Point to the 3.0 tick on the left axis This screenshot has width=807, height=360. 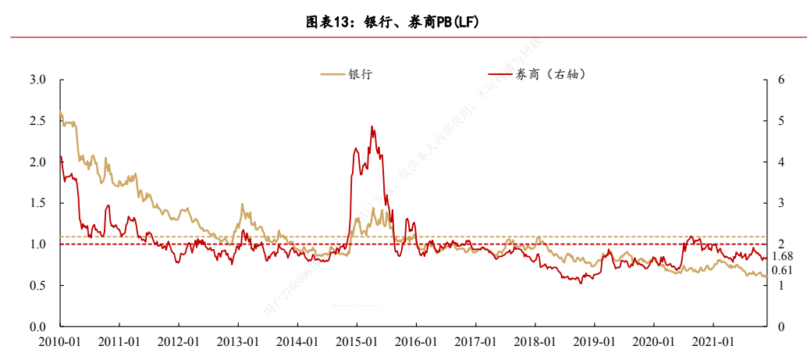tap(37, 80)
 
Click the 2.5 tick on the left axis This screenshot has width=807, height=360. tap(37, 121)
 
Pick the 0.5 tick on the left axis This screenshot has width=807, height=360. tap(37, 286)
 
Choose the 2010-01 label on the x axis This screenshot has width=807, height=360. tap(60, 342)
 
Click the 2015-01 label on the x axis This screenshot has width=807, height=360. tap(357, 342)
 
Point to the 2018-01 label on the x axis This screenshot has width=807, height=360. tap(535, 342)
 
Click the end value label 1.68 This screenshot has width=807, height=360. tap(782, 257)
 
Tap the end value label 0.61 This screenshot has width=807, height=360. tap(782, 270)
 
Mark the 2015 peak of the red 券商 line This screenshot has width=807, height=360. tap(372, 127)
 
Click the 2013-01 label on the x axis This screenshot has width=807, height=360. tap(238, 342)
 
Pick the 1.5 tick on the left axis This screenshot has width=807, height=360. tap(37, 204)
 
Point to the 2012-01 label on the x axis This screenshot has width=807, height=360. tap(179, 342)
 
